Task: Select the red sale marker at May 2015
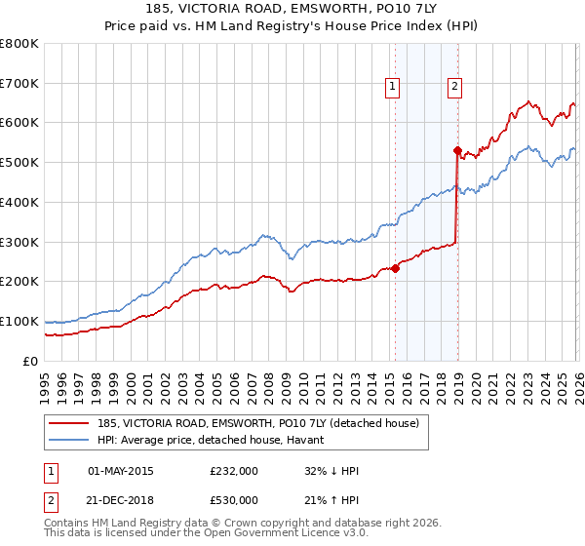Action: pyautogui.click(x=395, y=269)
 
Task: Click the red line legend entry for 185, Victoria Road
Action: pyautogui.click(x=258, y=422)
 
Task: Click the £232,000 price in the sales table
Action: pyautogui.click(x=234, y=471)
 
